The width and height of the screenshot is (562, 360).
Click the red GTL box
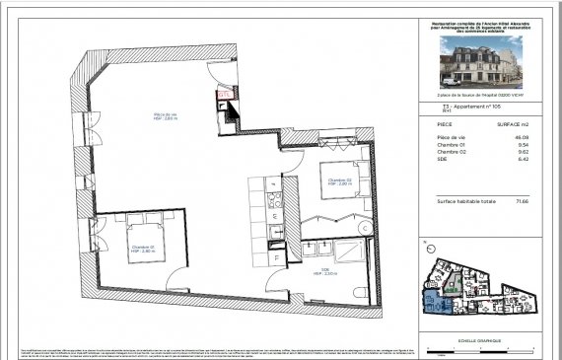click(x=224, y=96)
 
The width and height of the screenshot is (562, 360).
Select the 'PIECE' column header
click(x=445, y=125)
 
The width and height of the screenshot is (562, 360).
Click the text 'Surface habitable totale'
click(x=464, y=200)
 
